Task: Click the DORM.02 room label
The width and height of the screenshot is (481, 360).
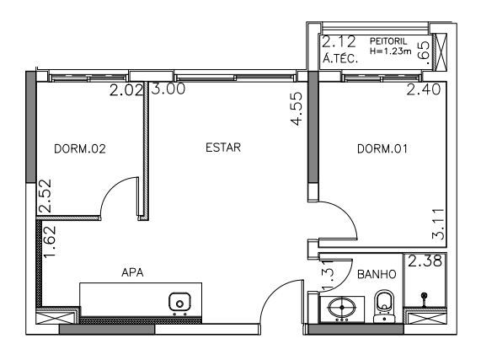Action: click(80, 149)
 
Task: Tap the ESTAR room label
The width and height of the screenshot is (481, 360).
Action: click(223, 148)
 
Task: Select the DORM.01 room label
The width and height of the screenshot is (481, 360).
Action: click(382, 149)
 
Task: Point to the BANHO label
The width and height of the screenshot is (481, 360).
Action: click(377, 274)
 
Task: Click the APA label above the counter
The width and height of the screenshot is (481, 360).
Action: click(132, 272)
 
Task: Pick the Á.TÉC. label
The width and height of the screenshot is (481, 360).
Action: click(340, 58)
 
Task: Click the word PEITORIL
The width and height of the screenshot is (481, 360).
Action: click(388, 41)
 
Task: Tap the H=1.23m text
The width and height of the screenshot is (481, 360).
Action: click(390, 51)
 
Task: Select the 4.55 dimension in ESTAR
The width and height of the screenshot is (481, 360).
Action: click(297, 109)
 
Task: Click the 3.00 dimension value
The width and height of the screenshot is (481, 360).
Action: click(168, 89)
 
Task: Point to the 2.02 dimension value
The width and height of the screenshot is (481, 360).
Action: click(126, 90)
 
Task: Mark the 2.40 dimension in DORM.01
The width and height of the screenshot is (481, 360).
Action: click(424, 89)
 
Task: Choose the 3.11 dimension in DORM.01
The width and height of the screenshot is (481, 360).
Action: click(438, 224)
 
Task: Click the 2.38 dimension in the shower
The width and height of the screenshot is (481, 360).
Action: click(425, 261)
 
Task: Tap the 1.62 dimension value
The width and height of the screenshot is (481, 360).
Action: click(50, 242)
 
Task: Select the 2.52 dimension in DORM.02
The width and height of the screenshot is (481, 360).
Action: click(45, 196)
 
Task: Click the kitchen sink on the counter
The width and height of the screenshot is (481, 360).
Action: click(179, 304)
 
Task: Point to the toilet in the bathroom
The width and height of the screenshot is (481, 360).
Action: click(384, 306)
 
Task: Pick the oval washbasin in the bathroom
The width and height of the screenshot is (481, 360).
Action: click(342, 308)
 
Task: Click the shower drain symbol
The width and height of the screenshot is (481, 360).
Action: click(425, 296)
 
